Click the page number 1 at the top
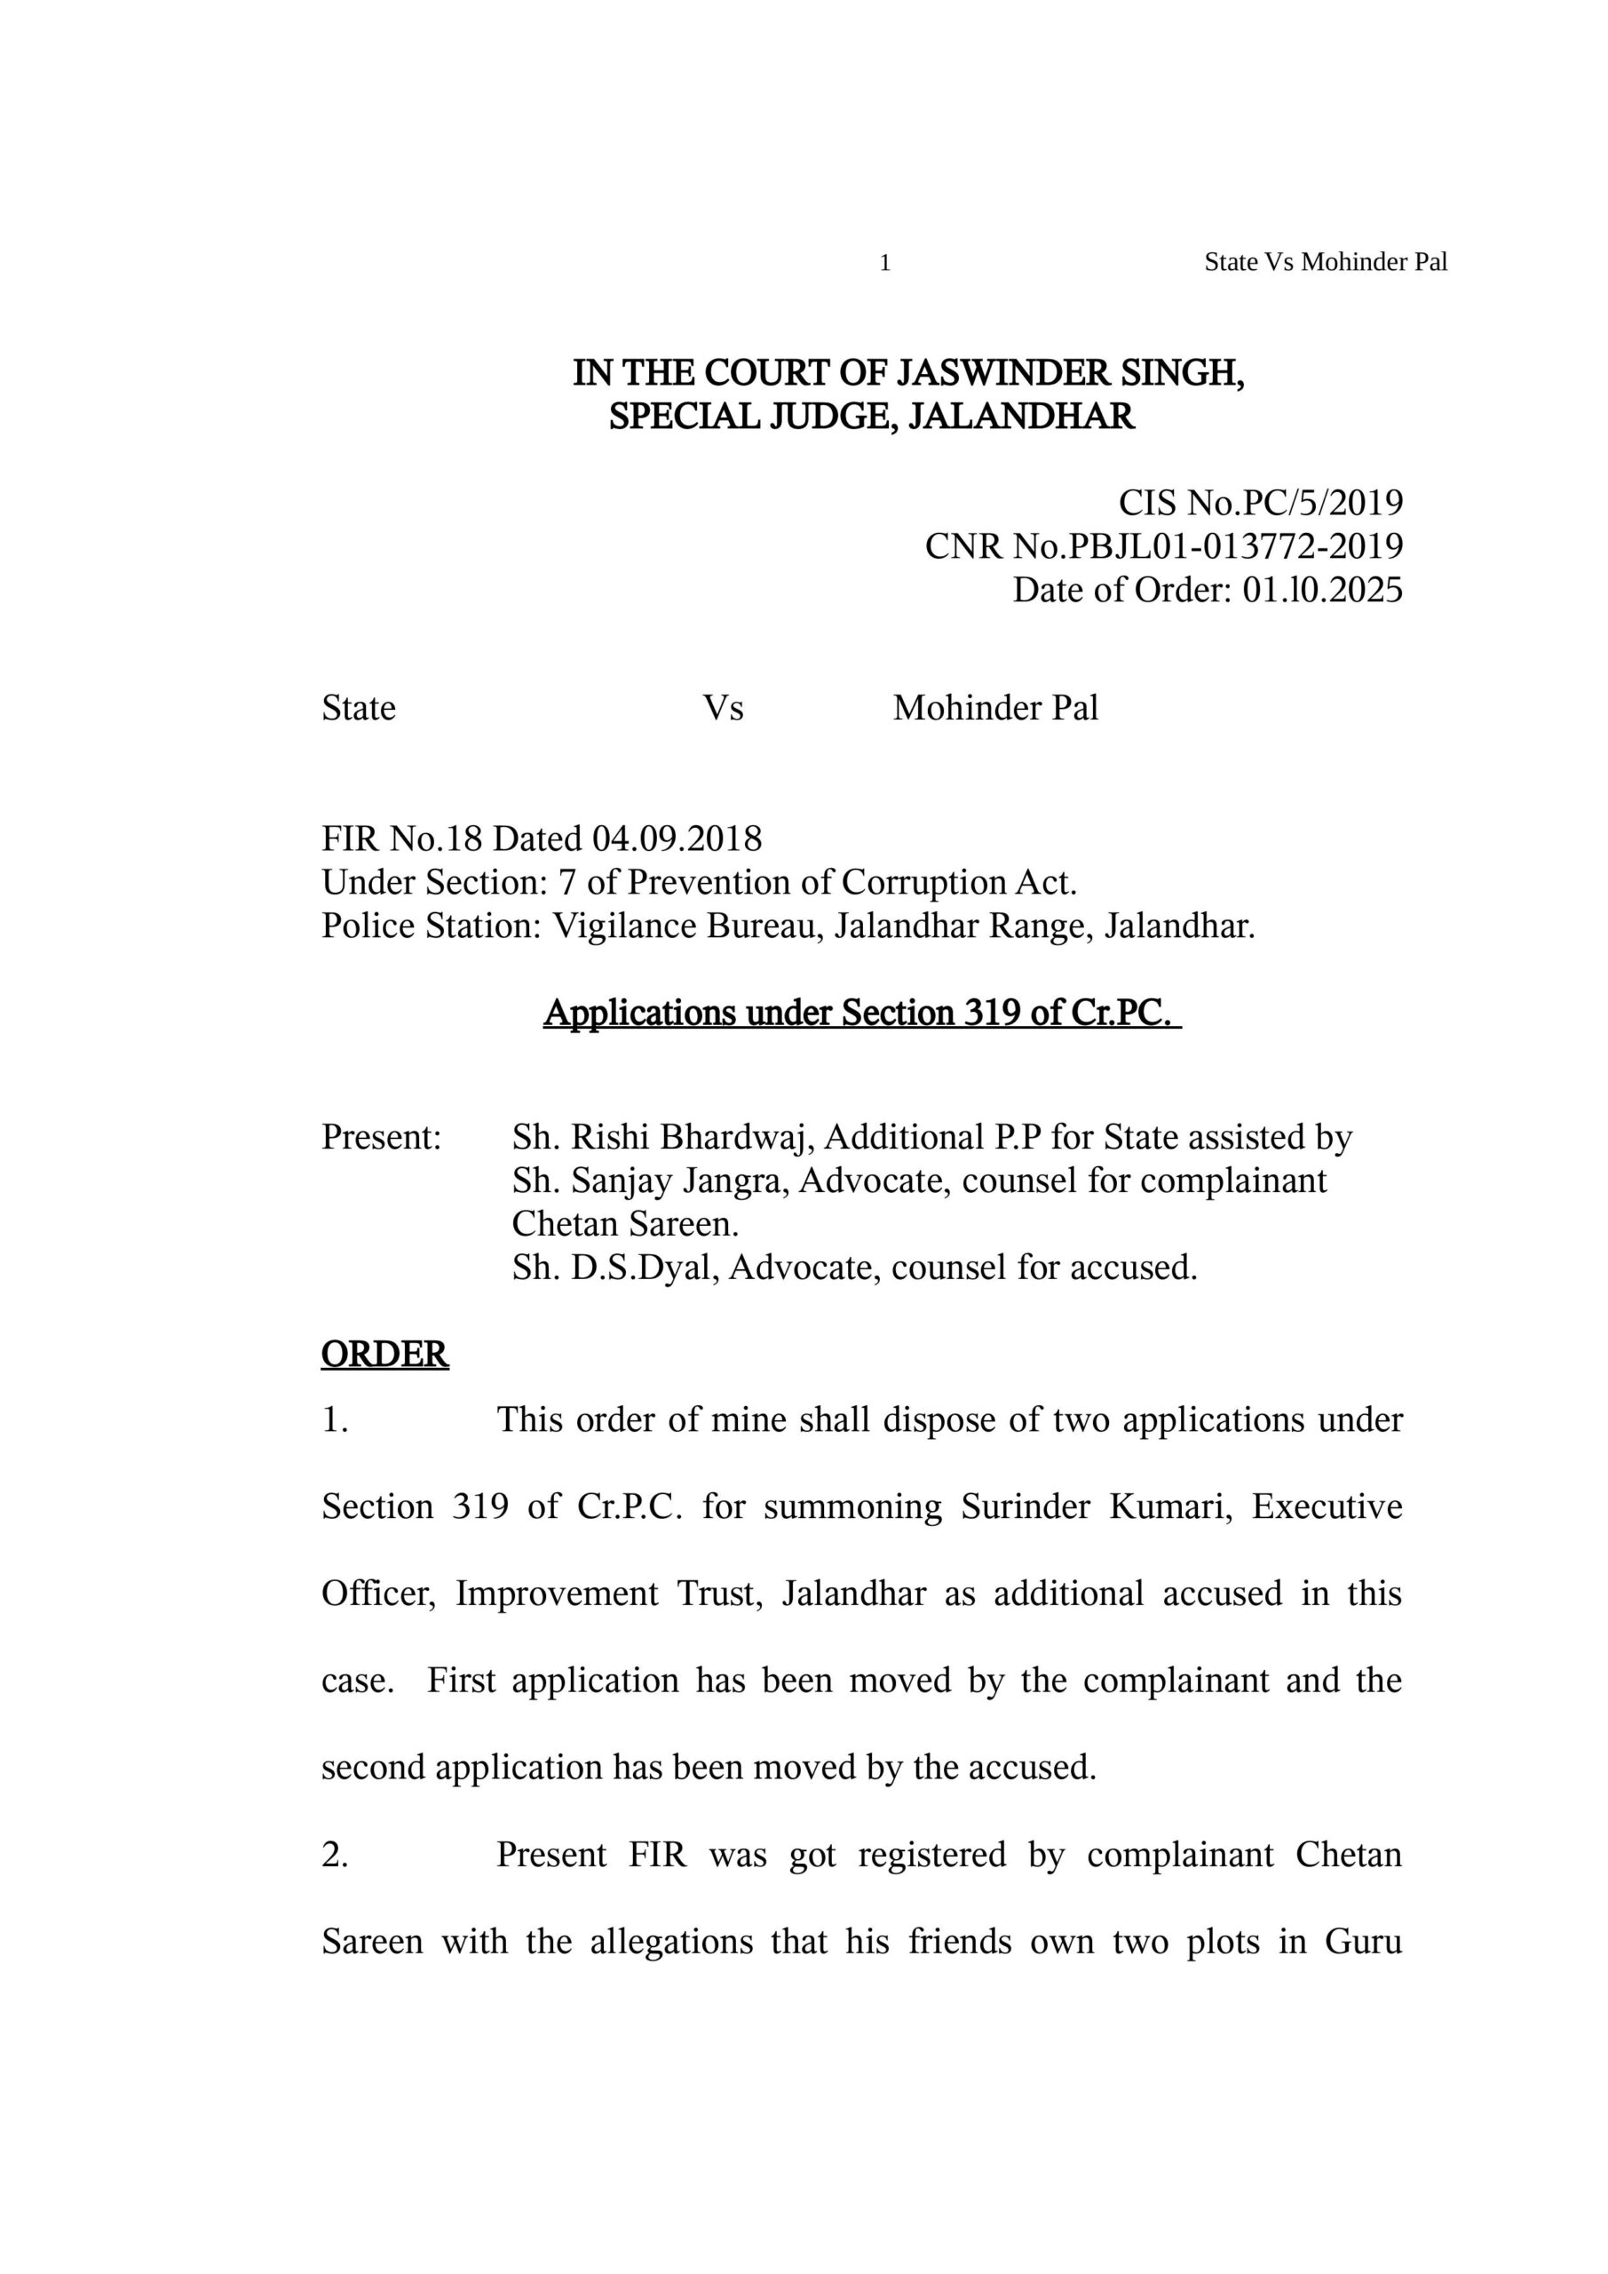(885, 264)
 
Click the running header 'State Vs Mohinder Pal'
(1325, 262)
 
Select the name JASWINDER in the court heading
(1002, 373)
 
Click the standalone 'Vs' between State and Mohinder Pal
(723, 708)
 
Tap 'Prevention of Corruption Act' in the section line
(850, 882)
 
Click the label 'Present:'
(381, 1137)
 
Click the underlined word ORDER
(385, 1355)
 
